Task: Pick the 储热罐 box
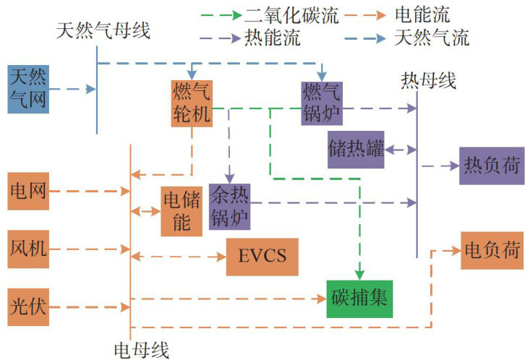pyautogui.click(x=356, y=150)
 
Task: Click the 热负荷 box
pyautogui.click(x=491, y=166)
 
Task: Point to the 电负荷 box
pyautogui.click(x=492, y=251)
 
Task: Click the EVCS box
pyautogui.click(x=262, y=257)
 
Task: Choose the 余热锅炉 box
pyautogui.click(x=229, y=205)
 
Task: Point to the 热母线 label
pyautogui.click(x=428, y=80)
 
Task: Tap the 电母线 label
pyautogui.click(x=142, y=351)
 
